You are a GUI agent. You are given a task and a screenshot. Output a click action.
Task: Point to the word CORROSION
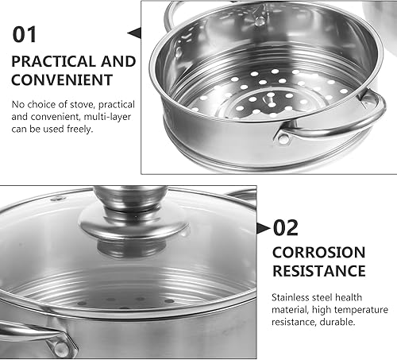pos(318,254)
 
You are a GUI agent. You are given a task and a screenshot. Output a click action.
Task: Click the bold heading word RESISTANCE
pos(319,271)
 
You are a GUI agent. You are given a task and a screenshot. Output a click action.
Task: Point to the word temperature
pos(361,308)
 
